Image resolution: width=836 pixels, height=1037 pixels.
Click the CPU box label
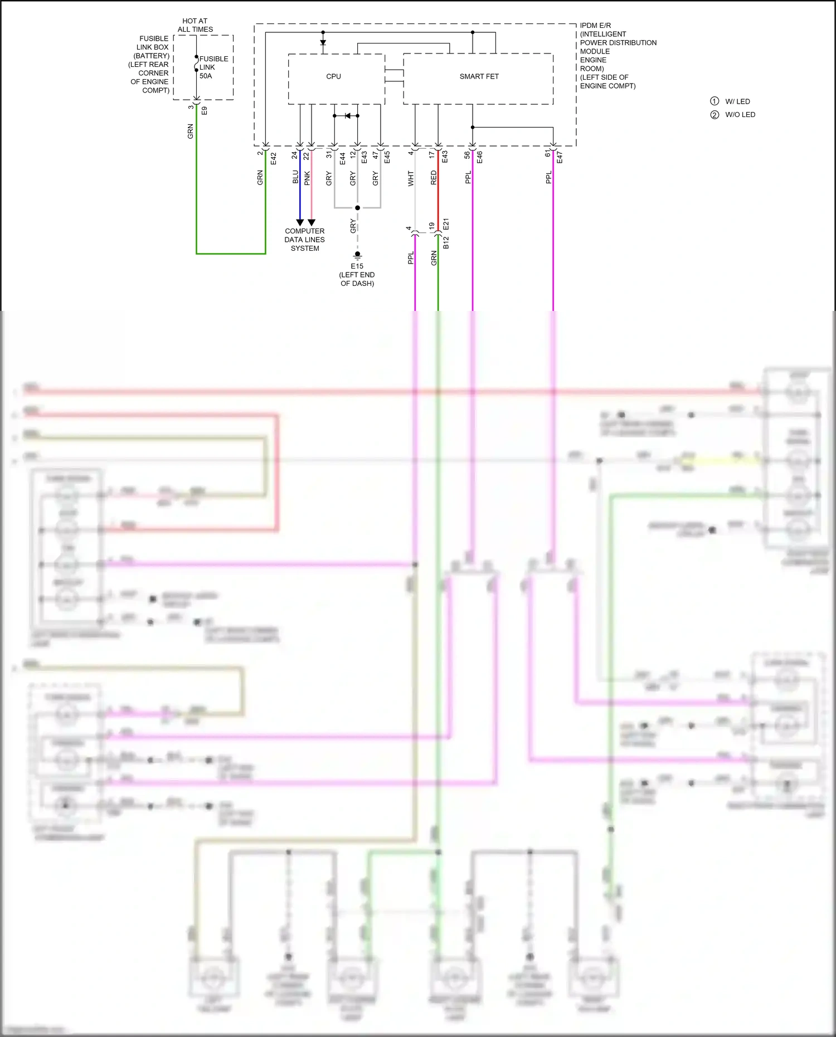(x=333, y=76)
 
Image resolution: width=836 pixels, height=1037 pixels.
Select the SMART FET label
(x=479, y=76)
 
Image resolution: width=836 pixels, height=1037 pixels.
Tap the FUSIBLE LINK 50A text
(x=213, y=67)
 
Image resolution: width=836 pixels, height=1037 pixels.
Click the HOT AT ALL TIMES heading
(x=195, y=25)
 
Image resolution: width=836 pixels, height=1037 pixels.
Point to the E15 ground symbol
(x=357, y=255)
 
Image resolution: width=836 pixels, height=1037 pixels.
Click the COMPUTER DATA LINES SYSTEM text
(x=304, y=240)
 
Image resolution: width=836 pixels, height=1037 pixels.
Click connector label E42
(x=274, y=159)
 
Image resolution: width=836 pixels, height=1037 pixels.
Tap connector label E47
(x=560, y=158)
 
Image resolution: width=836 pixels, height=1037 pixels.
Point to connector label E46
(x=480, y=158)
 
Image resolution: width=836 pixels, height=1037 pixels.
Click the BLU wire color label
(x=295, y=177)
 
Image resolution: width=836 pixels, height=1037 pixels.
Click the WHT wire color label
(x=411, y=178)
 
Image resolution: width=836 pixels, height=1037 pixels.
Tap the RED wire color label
(x=434, y=178)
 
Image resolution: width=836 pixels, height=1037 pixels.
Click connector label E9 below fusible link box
(x=205, y=111)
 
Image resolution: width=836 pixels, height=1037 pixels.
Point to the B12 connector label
(x=446, y=242)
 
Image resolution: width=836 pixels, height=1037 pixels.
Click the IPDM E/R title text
(x=595, y=26)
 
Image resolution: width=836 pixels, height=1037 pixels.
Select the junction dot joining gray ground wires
(x=357, y=208)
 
